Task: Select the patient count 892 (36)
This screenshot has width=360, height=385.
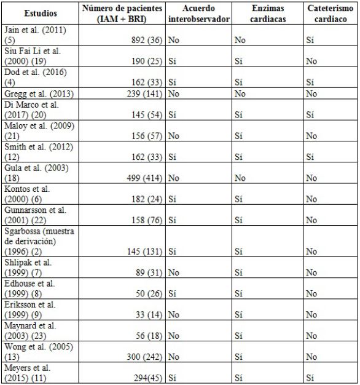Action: (144, 39)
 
